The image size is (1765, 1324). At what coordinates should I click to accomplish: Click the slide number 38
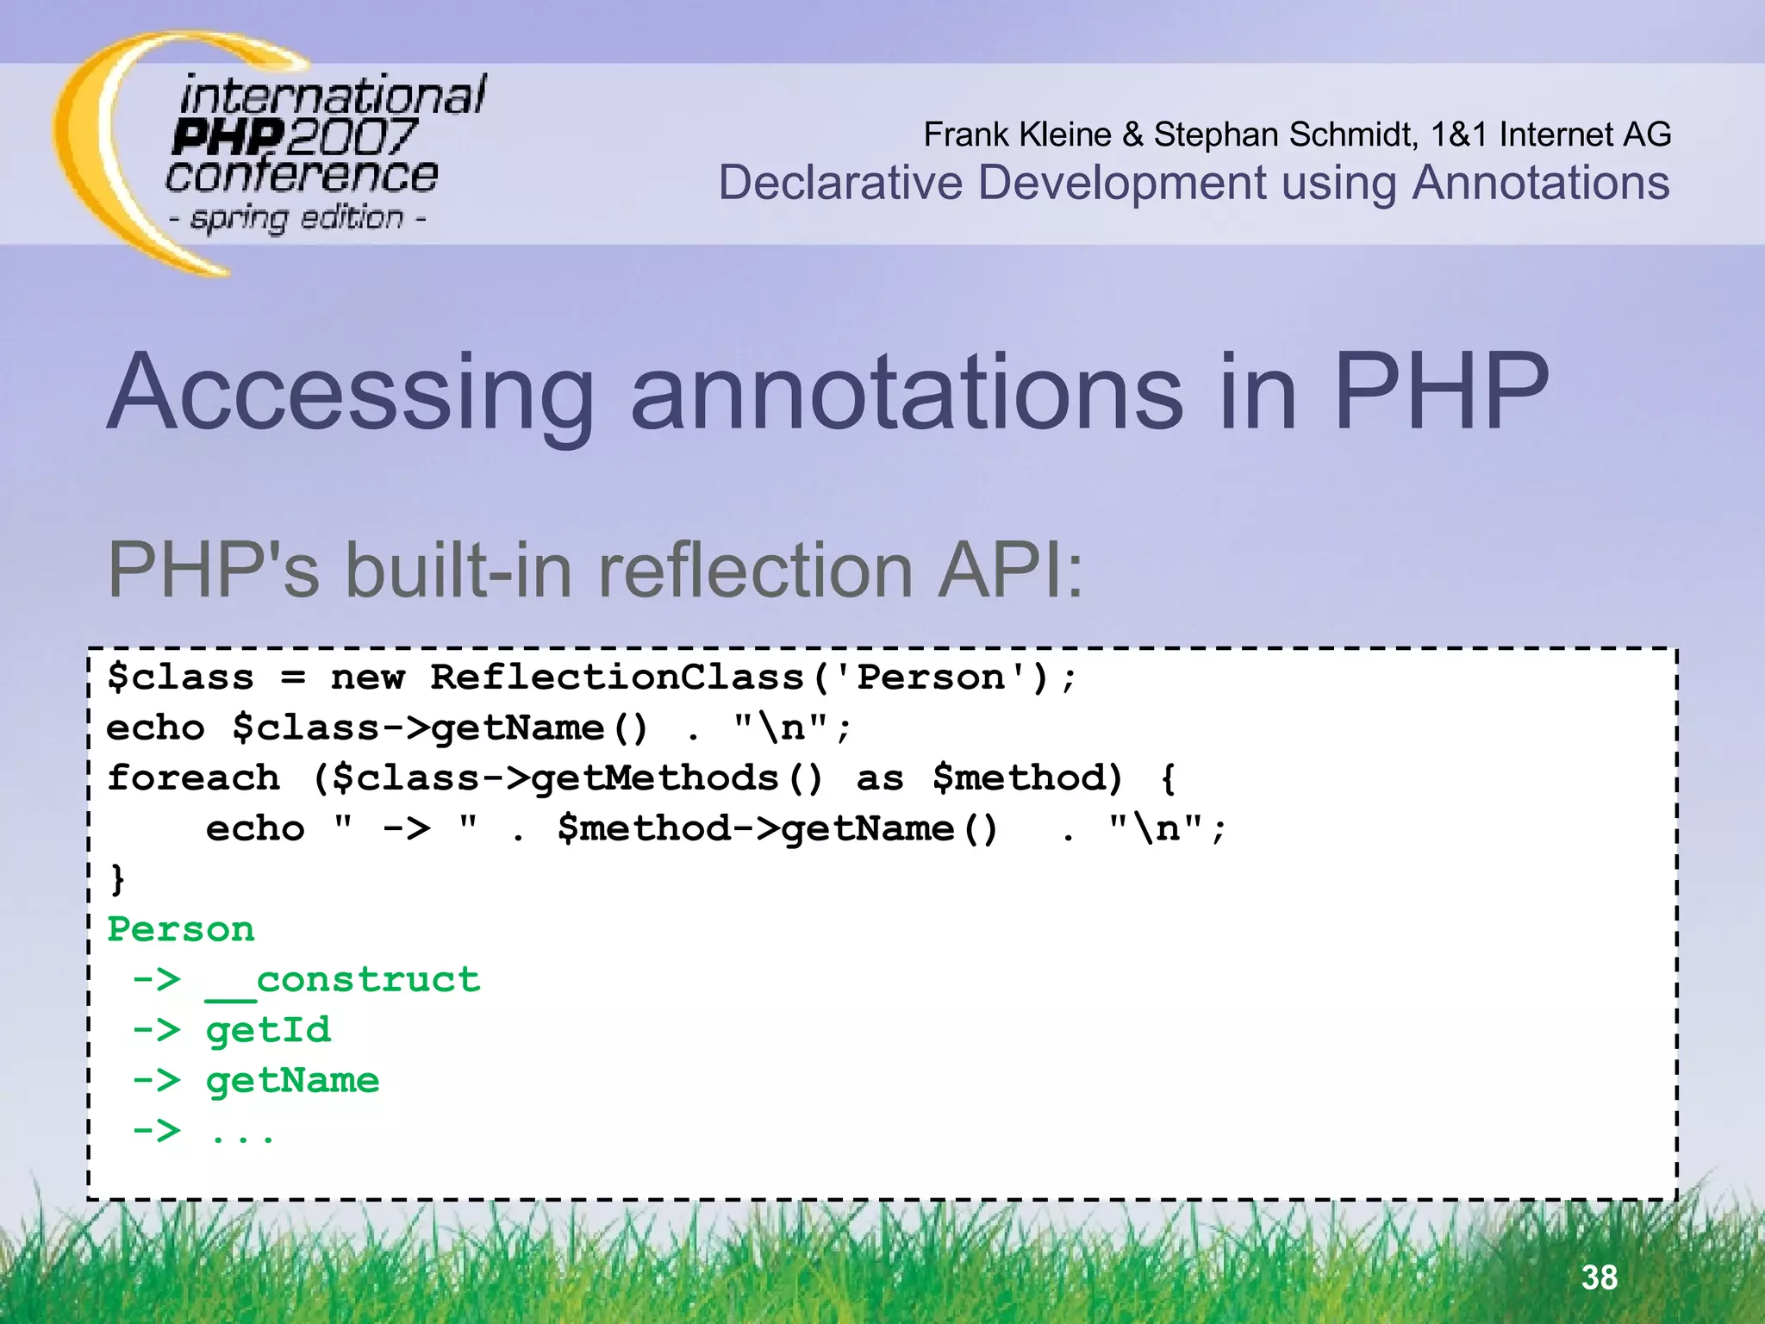coord(1599,1277)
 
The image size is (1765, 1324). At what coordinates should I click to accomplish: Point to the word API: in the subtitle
coord(1010,570)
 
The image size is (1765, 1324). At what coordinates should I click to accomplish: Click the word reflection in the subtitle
coord(755,570)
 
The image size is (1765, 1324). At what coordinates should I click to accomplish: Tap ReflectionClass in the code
coord(617,678)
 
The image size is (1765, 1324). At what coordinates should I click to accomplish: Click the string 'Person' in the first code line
coord(931,678)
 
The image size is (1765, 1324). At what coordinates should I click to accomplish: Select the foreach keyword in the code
coord(193,778)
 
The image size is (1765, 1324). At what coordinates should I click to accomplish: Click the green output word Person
coord(181,929)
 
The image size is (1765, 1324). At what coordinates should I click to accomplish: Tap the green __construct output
coord(343,980)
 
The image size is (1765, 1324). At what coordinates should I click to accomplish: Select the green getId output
coord(268,1030)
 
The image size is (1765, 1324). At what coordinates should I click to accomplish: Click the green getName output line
coord(293,1080)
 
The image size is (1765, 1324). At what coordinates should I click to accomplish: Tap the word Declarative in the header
coord(840,183)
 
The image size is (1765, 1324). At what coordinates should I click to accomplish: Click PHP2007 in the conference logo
coord(293,137)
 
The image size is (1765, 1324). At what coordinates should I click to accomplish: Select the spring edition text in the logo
coord(297,217)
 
